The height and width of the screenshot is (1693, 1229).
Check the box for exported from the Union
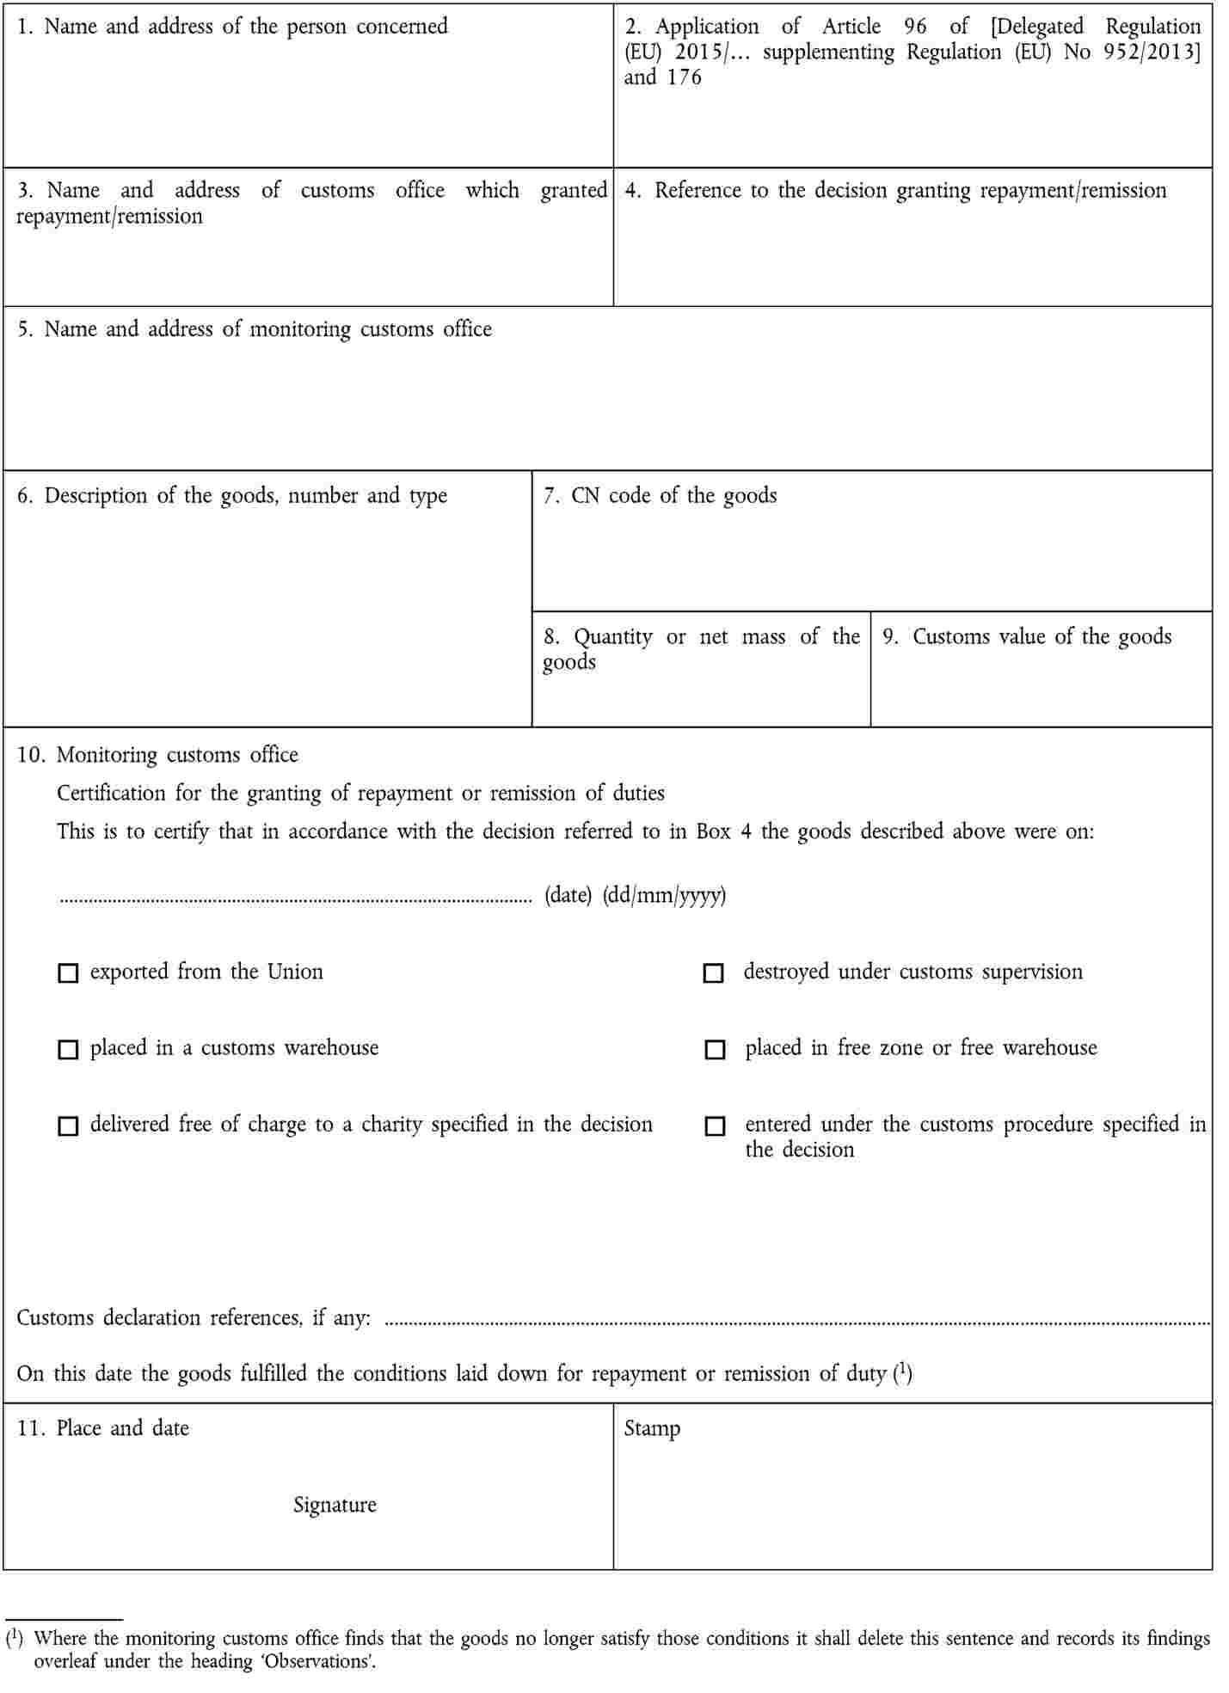point(67,972)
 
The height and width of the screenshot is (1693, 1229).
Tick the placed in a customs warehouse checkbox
point(67,1049)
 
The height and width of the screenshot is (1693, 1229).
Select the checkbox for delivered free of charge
point(67,1126)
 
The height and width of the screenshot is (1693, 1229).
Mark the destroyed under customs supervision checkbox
point(713,972)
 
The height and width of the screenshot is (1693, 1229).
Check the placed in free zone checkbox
point(715,1049)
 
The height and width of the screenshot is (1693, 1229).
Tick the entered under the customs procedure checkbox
point(715,1126)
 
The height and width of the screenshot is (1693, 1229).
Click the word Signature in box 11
point(335,1505)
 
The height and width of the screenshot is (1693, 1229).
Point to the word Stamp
point(652,1428)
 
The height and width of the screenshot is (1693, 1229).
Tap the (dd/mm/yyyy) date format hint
point(664,895)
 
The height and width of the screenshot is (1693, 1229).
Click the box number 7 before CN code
point(550,496)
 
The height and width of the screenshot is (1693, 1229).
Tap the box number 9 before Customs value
point(890,637)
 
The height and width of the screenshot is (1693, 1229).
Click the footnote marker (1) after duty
point(903,1371)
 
